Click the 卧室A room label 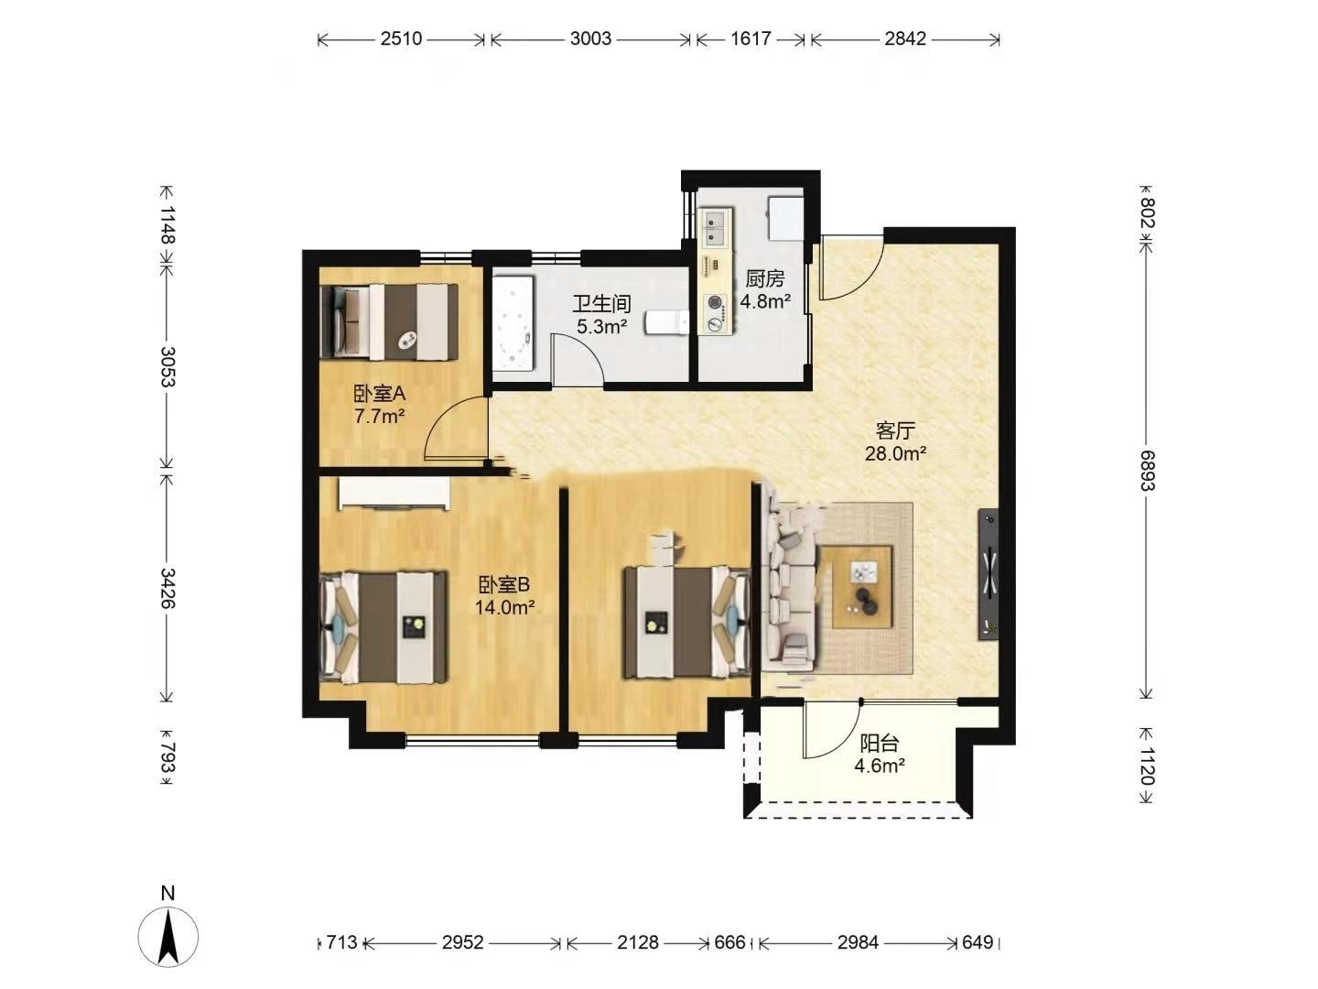tap(379, 394)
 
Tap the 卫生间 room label tap(601, 304)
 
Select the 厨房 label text tap(765, 278)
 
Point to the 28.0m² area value tap(895, 453)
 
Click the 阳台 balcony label tap(879, 744)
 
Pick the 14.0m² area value tap(504, 608)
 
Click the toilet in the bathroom tap(666, 322)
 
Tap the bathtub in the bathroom tap(513, 323)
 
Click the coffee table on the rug tap(862, 587)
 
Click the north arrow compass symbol tap(168, 936)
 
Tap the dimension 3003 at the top tap(591, 39)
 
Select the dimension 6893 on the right tap(1147, 470)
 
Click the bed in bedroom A tap(389, 321)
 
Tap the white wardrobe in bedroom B tap(394, 494)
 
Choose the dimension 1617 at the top tap(751, 39)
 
